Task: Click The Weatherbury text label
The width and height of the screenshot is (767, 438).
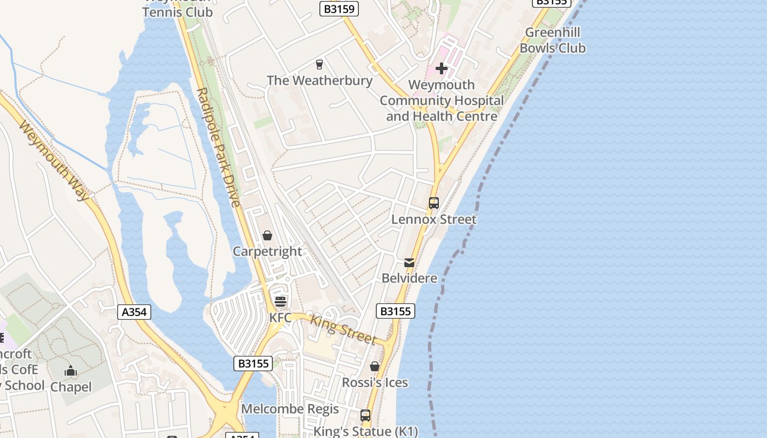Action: [319, 80]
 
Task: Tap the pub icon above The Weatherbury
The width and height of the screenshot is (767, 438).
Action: [319, 65]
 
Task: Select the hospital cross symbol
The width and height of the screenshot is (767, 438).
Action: [442, 68]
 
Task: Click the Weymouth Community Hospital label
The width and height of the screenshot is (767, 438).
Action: [442, 101]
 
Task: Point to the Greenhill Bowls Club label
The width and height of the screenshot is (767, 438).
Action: [552, 40]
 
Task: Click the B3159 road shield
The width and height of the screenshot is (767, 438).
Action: [339, 8]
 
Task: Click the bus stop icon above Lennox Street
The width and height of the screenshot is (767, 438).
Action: [434, 203]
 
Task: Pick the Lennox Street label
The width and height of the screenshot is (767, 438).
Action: [434, 220]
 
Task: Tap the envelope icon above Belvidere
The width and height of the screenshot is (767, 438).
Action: [409, 263]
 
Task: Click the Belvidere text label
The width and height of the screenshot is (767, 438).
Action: [409, 278]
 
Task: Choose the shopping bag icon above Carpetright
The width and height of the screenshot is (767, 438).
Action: [267, 235]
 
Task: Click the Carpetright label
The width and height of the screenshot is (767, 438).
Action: [267, 251]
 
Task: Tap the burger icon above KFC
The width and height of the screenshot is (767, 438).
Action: [281, 301]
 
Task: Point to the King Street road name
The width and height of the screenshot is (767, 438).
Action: [344, 329]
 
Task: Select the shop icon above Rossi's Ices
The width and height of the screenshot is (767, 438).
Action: [375, 366]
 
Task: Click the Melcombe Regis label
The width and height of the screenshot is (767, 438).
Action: [290, 409]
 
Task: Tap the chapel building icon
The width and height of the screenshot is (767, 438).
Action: [71, 371]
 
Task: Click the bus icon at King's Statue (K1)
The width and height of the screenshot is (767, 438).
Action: [365, 416]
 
